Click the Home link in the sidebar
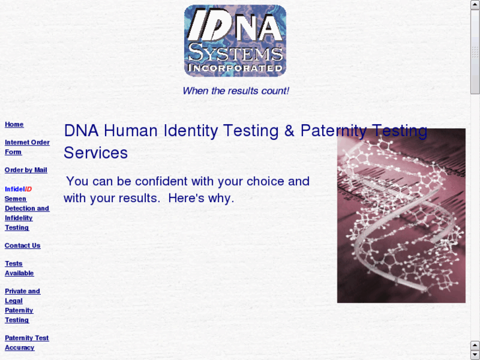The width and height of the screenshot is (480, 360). [x=14, y=124]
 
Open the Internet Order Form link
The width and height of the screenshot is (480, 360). [x=26, y=147]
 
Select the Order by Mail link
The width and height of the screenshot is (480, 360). [x=26, y=170]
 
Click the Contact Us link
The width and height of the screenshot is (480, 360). [x=22, y=246]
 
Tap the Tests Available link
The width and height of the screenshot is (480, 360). [x=18, y=268]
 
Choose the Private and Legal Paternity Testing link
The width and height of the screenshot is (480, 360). [x=22, y=305]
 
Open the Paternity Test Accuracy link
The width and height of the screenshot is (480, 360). [x=26, y=343]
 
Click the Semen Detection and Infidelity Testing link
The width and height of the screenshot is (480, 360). [x=26, y=213]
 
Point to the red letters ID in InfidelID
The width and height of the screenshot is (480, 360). [x=28, y=189]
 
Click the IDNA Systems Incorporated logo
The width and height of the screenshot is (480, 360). [x=235, y=41]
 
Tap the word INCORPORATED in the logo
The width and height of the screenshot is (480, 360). [x=235, y=67]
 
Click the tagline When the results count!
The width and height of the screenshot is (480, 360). [x=235, y=91]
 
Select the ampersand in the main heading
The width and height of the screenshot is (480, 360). [x=289, y=131]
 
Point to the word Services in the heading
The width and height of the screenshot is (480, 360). [x=96, y=153]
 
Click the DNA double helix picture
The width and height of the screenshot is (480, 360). [x=401, y=218]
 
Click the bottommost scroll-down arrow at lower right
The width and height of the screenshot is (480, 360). [x=475, y=355]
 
